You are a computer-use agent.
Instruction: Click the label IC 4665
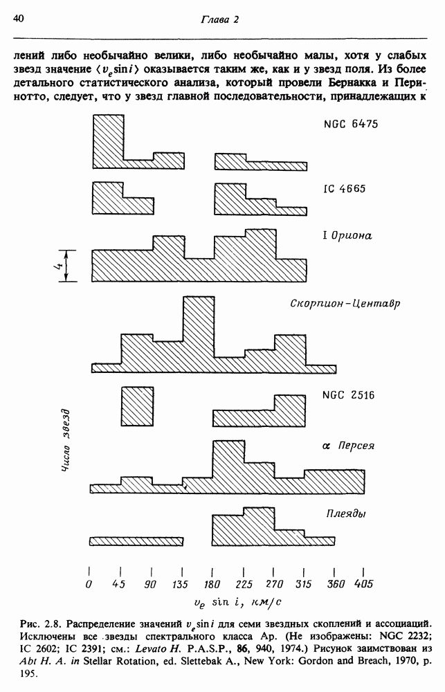[x=344, y=188]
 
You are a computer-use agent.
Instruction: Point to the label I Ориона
[x=347, y=235]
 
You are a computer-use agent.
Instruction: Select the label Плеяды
[x=345, y=513]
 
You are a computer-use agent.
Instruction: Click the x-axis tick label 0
[x=89, y=585]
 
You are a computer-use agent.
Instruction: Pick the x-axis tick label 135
[x=181, y=585]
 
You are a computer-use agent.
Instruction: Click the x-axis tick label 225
[x=243, y=585]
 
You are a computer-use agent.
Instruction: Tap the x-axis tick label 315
[x=303, y=585]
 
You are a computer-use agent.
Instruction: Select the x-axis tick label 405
[x=364, y=585]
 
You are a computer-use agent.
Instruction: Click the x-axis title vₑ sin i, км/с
[x=226, y=603]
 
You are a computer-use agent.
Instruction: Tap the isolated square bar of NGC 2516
[x=137, y=406]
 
